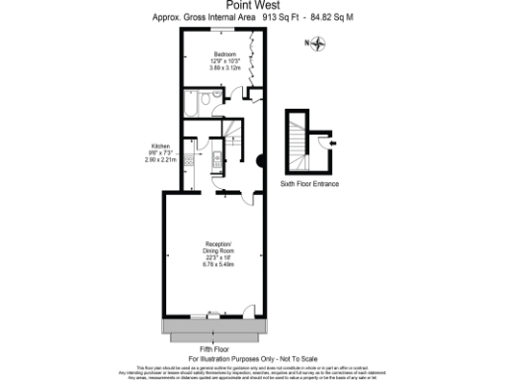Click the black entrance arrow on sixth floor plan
pos(332,144)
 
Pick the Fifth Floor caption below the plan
pos(215,348)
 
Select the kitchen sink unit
pos(212,161)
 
